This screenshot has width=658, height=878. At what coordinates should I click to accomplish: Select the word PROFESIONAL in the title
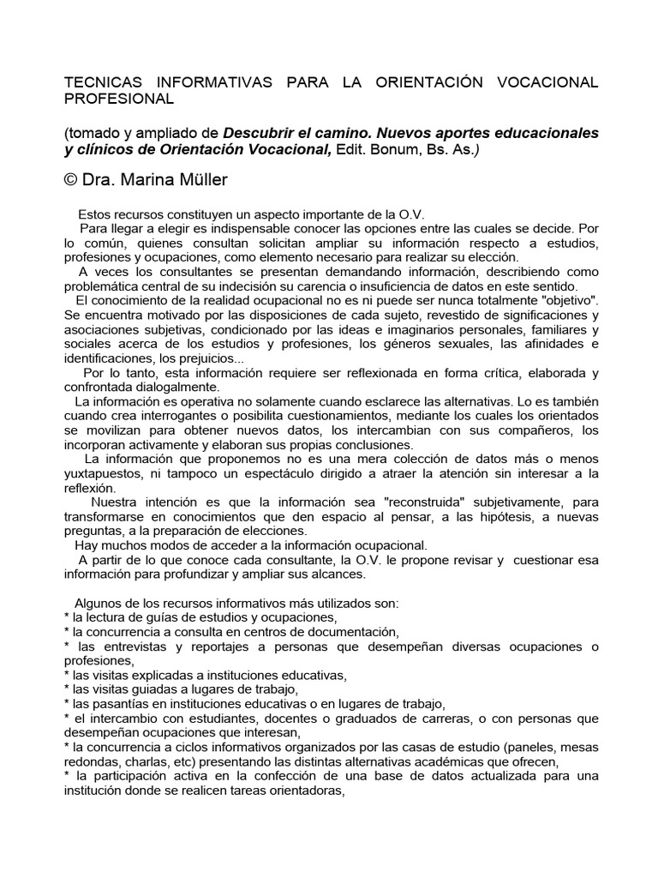coord(119,99)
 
